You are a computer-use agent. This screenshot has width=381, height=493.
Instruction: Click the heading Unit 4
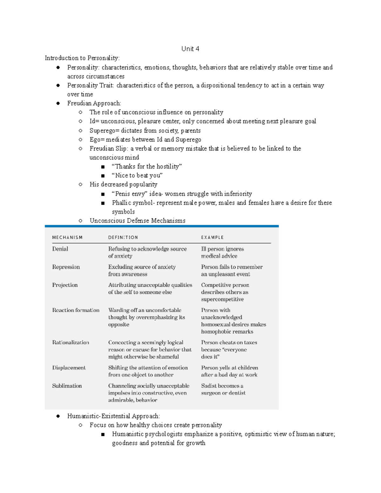coord(190,49)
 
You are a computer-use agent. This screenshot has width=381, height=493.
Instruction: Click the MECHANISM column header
coord(67,237)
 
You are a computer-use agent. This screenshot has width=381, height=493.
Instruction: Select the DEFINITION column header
coord(123,237)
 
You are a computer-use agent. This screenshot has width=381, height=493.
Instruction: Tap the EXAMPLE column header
coord(212,237)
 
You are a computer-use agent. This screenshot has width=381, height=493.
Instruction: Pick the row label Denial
coord(60,249)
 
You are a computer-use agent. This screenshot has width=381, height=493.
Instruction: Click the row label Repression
coord(66,267)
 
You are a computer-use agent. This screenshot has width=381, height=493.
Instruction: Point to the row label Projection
coord(65,285)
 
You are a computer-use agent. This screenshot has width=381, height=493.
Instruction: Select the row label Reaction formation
coord(76,310)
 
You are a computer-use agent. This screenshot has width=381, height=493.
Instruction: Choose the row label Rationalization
coord(70,343)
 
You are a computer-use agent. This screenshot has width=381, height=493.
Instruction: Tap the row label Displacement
coord(69,368)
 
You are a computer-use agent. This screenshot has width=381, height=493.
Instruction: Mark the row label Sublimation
coord(67,386)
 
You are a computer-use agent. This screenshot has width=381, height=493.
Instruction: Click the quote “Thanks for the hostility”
coord(147,166)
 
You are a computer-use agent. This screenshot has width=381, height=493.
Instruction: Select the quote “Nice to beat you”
coord(137,176)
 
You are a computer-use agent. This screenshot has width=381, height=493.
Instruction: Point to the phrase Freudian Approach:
coord(94,103)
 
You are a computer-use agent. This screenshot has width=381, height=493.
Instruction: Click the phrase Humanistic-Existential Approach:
coord(114,416)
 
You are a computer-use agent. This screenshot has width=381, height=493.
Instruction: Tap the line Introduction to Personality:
coord(82,58)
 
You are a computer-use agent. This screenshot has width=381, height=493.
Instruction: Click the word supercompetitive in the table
coord(222,299)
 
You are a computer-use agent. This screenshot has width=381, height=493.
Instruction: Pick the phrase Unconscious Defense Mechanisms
coord(137,221)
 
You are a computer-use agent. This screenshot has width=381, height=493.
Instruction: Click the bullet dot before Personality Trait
coord(58,85)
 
